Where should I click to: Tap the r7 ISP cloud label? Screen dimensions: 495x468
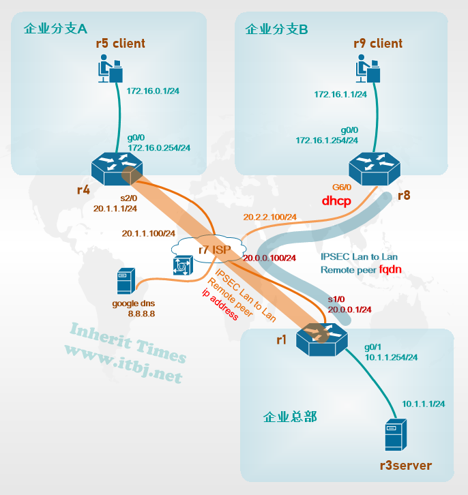[214, 250]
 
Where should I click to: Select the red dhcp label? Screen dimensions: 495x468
[336, 202]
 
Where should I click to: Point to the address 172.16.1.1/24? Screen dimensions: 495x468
[340, 94]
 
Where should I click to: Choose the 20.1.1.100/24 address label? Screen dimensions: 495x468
[149, 233]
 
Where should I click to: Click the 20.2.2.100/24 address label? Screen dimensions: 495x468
[269, 217]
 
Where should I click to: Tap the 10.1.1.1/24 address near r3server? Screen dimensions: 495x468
[424, 404]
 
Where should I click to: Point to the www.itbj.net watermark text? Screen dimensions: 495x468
[123, 363]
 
